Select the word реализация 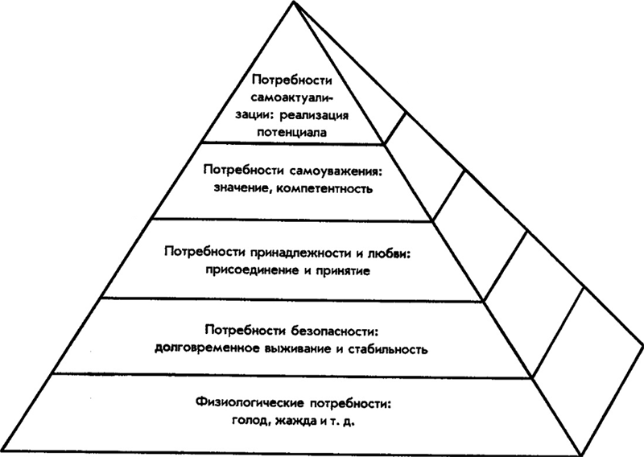pos(314,116)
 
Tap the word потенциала pos(292,133)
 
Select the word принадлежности pos(302,251)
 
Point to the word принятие pos(344,270)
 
